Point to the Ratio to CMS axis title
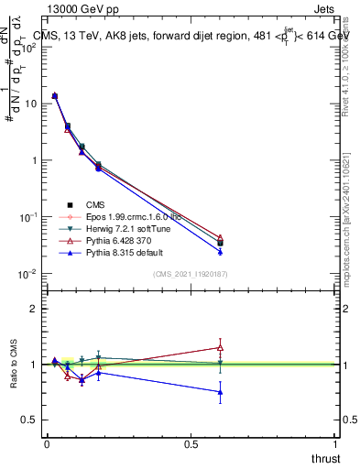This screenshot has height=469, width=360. [14, 365]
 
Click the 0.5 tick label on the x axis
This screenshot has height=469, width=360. [191, 444]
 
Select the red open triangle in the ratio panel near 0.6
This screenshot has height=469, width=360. [220, 347]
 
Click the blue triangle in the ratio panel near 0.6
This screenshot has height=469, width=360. [220, 392]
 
